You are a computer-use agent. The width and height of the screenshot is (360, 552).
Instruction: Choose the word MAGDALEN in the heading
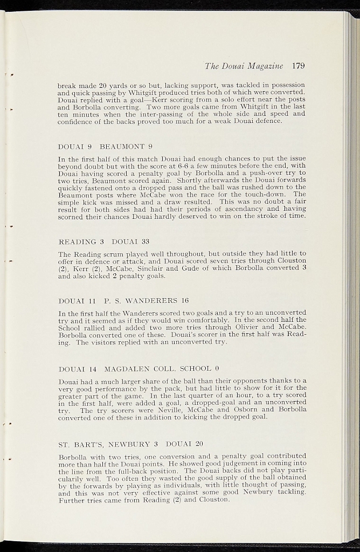point(127,369)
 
